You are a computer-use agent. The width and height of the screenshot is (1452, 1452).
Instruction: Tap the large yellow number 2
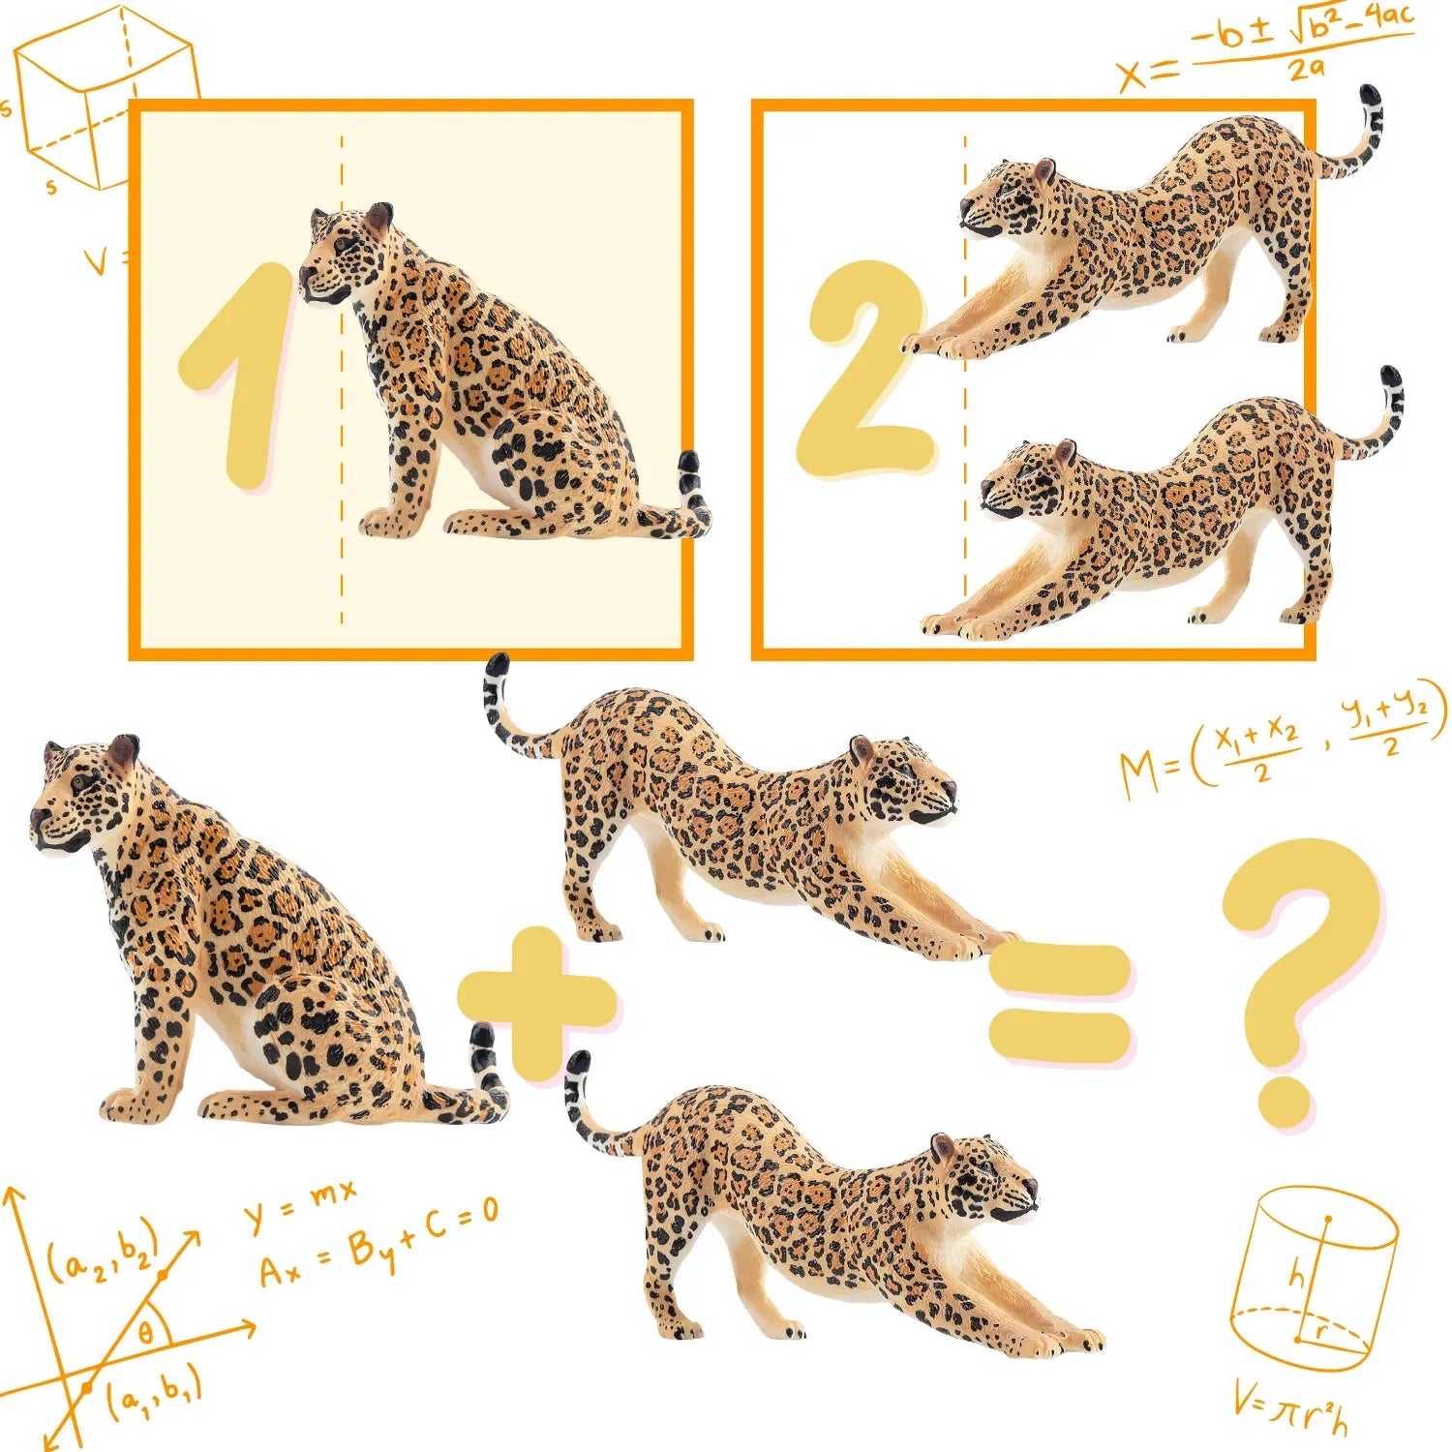click(864, 368)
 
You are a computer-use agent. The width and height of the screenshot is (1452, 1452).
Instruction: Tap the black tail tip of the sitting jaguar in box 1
click(689, 472)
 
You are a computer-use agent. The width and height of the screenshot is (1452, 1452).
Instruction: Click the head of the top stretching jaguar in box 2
click(1007, 198)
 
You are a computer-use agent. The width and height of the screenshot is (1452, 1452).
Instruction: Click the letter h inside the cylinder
click(1297, 1276)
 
